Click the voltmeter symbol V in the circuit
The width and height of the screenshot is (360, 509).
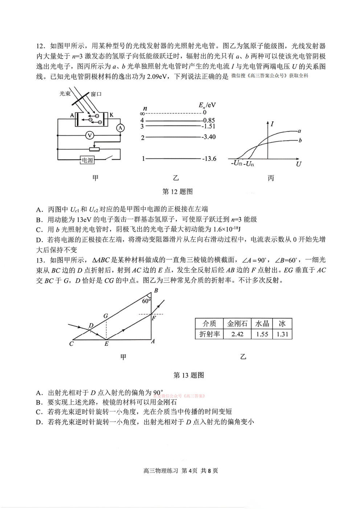point(90,135)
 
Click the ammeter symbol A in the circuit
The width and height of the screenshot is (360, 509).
point(120,128)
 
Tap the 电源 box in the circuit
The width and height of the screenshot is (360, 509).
point(87,160)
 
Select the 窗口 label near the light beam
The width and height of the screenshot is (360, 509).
point(96,94)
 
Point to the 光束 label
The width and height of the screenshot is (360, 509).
point(65,94)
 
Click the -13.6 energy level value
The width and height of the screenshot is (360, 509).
point(209,159)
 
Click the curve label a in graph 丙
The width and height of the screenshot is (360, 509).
point(299,131)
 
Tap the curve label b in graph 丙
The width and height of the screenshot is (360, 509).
point(300,140)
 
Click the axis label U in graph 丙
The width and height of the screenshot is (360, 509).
point(298,164)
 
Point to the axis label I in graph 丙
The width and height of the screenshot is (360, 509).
point(272,124)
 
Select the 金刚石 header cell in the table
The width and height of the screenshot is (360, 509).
point(237,324)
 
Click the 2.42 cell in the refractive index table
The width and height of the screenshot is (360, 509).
point(237,334)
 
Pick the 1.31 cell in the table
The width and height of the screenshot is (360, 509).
point(282,334)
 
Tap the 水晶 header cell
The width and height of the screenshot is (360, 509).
point(262,324)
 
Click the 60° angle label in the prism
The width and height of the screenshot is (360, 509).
point(146,301)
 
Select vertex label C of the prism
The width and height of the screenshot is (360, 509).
point(71,344)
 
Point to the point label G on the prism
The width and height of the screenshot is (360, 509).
point(106,316)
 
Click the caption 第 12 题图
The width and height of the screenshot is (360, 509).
point(177,192)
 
